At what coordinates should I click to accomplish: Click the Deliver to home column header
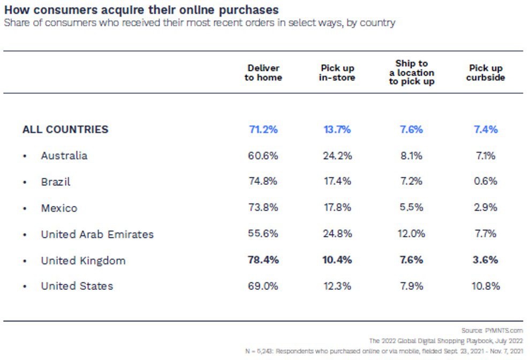[263, 73]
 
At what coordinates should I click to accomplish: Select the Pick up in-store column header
[337, 73]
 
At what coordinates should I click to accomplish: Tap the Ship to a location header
[411, 73]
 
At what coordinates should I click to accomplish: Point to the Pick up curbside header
[486, 73]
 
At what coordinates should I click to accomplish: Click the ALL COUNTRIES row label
[65, 129]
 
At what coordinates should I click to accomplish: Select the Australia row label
[64, 156]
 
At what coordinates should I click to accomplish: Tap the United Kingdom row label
[83, 261]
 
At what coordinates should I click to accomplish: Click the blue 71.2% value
[263, 129]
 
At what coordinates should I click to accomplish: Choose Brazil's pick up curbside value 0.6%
[486, 182]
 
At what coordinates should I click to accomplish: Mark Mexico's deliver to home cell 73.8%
[263, 208]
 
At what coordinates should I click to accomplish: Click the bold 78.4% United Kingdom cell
[263, 260]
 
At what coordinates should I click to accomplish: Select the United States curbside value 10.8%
[486, 286]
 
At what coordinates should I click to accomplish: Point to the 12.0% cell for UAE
[411, 234]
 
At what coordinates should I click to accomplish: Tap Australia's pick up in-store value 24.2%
[337, 156]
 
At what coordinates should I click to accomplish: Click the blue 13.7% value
[337, 129]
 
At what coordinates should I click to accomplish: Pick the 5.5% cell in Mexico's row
[411, 208]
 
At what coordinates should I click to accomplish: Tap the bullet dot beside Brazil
[25, 183]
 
